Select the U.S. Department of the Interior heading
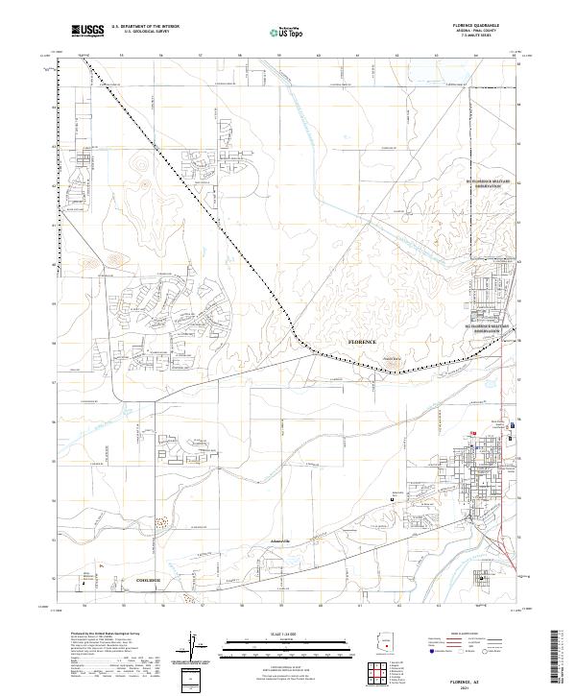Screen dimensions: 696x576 coord(144,28)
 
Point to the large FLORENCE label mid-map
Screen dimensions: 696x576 coord(362,342)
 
